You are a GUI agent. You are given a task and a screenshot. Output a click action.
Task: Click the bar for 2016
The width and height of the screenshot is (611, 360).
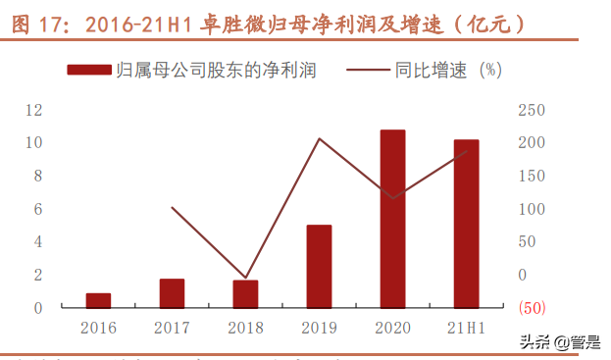pos(98,300)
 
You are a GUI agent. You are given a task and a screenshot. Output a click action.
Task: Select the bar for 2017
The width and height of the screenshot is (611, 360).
pos(172,293)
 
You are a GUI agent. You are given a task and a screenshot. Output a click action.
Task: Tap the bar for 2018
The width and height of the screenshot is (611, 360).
pos(245,294)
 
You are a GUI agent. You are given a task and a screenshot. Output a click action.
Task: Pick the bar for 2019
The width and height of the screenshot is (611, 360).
pos(319,267)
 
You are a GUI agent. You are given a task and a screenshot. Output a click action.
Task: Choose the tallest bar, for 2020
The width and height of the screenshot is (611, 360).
pos(392,219)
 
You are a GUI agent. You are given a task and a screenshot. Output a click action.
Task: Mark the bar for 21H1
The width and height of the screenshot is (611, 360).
pos(466,224)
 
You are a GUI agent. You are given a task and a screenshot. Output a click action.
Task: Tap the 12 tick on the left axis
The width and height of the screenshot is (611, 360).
pos(34,110)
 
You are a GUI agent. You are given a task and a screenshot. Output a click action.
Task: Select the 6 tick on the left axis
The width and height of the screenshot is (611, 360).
pos(38,209)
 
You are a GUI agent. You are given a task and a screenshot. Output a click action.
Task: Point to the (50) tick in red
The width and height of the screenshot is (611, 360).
pos(531,308)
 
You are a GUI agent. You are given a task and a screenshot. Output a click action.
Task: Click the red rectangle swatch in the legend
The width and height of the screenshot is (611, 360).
pos(88,70)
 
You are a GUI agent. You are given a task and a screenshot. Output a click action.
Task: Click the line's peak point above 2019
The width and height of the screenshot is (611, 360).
pos(319,138)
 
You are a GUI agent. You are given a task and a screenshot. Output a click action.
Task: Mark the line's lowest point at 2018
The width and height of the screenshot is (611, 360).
pos(245,278)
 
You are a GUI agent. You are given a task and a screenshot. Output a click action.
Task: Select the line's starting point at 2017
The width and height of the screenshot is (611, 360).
pos(172,207)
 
